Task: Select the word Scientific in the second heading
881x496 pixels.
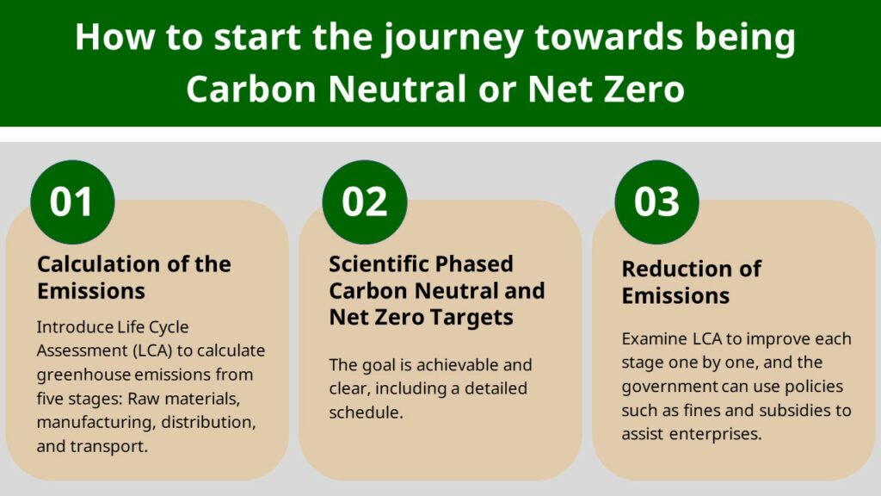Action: point(379,263)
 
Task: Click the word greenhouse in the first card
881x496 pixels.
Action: point(84,375)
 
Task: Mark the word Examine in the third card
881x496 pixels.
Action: point(650,338)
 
